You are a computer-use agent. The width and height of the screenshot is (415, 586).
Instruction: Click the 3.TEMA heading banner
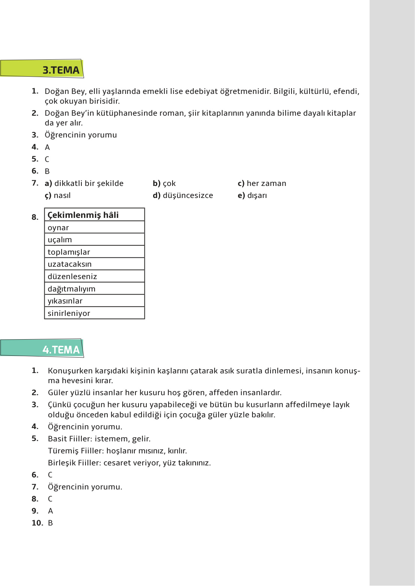pos(42,69)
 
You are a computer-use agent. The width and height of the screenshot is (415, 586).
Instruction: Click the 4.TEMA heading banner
pos(42,348)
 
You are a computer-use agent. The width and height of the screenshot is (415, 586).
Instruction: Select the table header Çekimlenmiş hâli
pos(94,215)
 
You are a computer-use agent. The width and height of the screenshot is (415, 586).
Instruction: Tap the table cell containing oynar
pos(94,227)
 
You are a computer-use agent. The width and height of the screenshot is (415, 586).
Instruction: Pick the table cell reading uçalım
pos(94,240)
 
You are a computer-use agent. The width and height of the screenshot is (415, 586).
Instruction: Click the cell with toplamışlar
pos(94,252)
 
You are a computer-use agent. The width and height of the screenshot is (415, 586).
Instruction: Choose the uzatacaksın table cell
pos(94,264)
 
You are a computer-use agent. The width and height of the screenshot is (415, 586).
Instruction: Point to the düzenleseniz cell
pos(94,276)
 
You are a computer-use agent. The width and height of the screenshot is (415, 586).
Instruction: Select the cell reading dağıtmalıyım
pos(94,288)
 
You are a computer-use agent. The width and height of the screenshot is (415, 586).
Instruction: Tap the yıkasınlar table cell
pos(94,301)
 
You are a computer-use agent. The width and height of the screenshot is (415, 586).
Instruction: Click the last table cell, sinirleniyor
pos(94,313)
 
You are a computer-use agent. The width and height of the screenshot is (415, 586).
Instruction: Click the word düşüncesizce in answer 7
pos(188,195)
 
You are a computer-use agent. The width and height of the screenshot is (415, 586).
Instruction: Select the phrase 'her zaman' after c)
pos(266,183)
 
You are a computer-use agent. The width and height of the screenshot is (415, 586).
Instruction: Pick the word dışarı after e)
pos(257,195)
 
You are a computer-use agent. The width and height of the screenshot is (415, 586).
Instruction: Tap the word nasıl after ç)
pos(62,195)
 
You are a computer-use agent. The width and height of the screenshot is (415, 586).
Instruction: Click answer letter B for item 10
pos(50,523)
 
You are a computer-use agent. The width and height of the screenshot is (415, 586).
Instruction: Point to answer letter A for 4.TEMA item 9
pos(50,511)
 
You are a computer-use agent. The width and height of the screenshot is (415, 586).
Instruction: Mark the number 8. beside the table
pos(35,217)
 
